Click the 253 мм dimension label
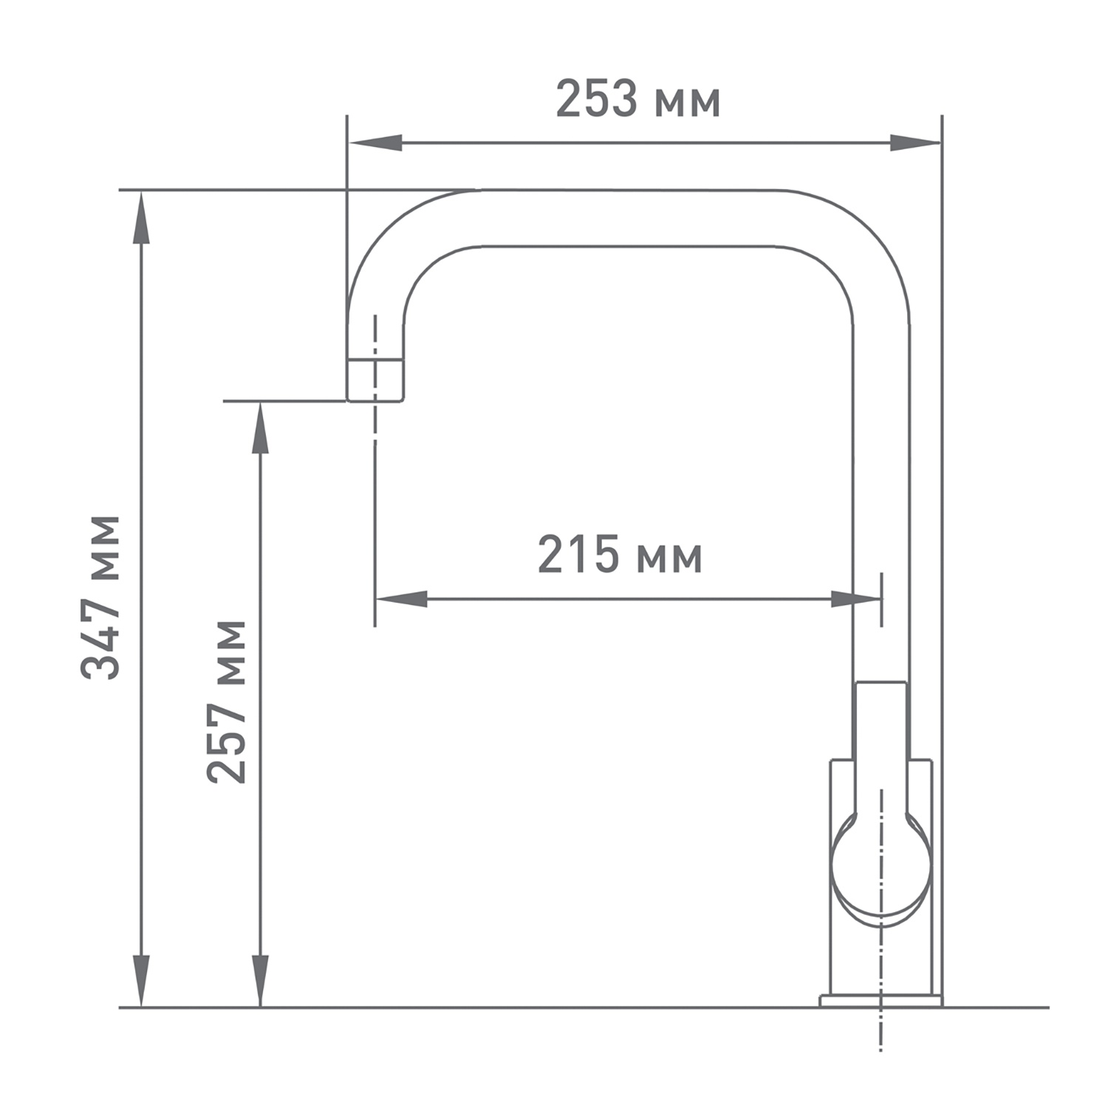click(637, 100)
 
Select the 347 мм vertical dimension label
click(100, 597)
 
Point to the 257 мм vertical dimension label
click(226, 702)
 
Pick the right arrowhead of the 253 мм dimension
click(914, 143)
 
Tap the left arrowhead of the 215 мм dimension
click(402, 599)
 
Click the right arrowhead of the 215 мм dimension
click(855, 599)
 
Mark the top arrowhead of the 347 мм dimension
click(140, 217)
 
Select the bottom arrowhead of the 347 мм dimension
click(140, 980)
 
